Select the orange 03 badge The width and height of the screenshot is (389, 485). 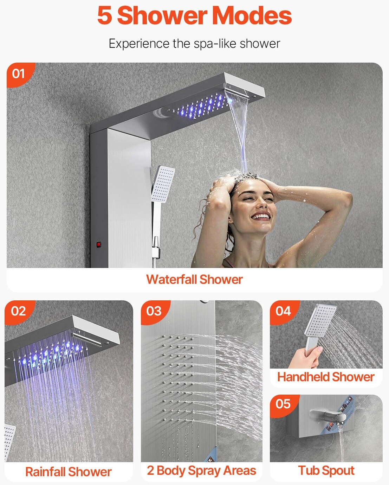(154, 312)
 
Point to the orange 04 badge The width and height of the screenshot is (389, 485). (283, 312)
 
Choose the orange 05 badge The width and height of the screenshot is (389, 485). (283, 404)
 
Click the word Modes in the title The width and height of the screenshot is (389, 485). (252, 15)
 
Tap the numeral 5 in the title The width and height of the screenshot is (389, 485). (105, 15)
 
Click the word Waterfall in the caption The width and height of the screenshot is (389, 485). (171, 280)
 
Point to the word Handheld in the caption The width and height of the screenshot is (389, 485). (303, 377)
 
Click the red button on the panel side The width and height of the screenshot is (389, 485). (99, 244)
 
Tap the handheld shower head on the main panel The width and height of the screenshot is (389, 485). (163, 184)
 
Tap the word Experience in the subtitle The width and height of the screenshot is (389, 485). (139, 44)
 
